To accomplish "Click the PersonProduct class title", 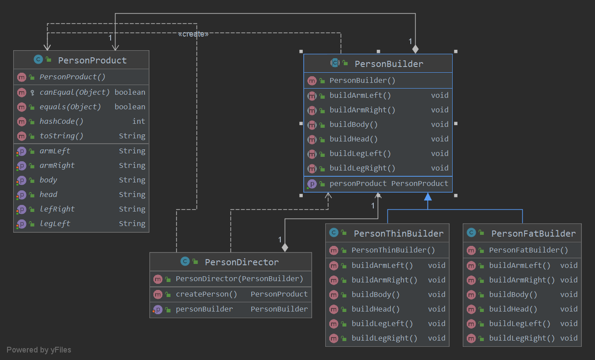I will [92, 60].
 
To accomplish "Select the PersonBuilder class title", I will [389, 64].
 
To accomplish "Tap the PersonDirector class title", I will [242, 262].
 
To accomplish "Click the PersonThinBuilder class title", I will [398, 234].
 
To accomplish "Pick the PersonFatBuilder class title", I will [533, 234].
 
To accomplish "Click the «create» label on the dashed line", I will [193, 34].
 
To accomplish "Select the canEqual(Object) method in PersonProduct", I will [74, 93].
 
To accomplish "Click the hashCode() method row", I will [61, 121].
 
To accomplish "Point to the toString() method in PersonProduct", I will [61, 136].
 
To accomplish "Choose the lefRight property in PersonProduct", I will [57, 209].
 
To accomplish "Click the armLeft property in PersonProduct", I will [55, 151].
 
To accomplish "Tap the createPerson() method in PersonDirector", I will [206, 294].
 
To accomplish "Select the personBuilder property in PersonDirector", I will [204, 309].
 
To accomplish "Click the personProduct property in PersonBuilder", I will [358, 183].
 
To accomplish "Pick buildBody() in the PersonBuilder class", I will [353, 124].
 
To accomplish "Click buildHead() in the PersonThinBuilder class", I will [376, 309].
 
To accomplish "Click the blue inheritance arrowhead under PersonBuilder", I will [428, 197].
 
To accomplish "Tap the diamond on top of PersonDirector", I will [285, 248].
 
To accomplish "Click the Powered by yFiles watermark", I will [39, 350].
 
